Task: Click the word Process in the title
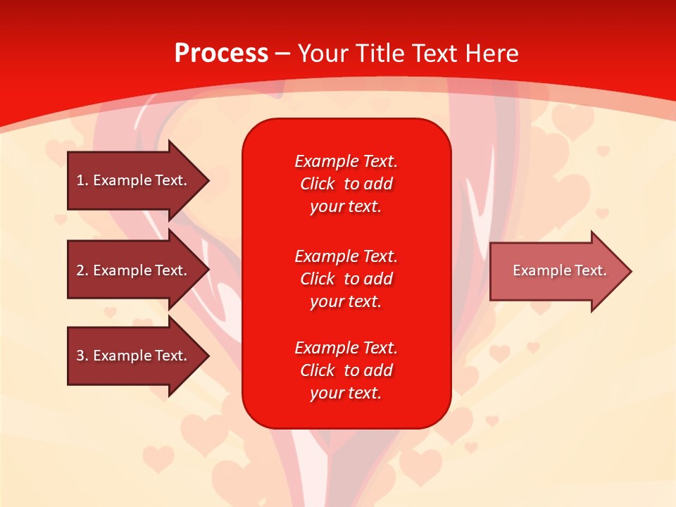[x=221, y=54]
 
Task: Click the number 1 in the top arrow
[x=80, y=180]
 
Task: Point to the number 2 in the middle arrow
[x=80, y=270]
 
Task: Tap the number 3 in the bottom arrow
[x=80, y=356]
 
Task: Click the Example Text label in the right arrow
[x=559, y=270]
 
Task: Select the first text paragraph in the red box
[x=346, y=184]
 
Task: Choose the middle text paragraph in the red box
[x=346, y=279]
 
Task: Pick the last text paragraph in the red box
[x=346, y=370]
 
